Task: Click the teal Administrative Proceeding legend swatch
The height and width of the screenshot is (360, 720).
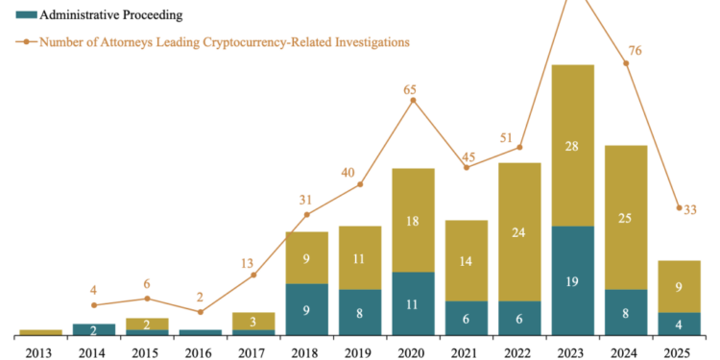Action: point(26,15)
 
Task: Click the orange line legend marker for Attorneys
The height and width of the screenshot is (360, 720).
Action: point(26,42)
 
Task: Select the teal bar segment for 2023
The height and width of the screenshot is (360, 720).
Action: point(572,280)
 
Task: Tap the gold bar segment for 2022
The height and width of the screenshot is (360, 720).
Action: point(519,231)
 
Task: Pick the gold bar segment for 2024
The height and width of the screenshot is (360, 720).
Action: point(626,217)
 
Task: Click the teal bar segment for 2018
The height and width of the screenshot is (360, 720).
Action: point(306,309)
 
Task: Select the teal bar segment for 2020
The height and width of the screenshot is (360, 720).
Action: point(413,303)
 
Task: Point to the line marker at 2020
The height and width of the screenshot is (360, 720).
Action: point(413,99)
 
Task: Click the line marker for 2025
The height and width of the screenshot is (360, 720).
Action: point(679,207)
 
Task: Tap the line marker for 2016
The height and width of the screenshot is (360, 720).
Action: point(200,312)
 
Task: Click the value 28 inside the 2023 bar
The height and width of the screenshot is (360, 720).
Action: point(572,145)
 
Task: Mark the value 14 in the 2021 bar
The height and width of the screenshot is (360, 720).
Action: point(466,260)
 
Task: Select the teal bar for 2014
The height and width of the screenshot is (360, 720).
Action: point(93,329)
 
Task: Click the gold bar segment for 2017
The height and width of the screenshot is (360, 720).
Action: point(253,321)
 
